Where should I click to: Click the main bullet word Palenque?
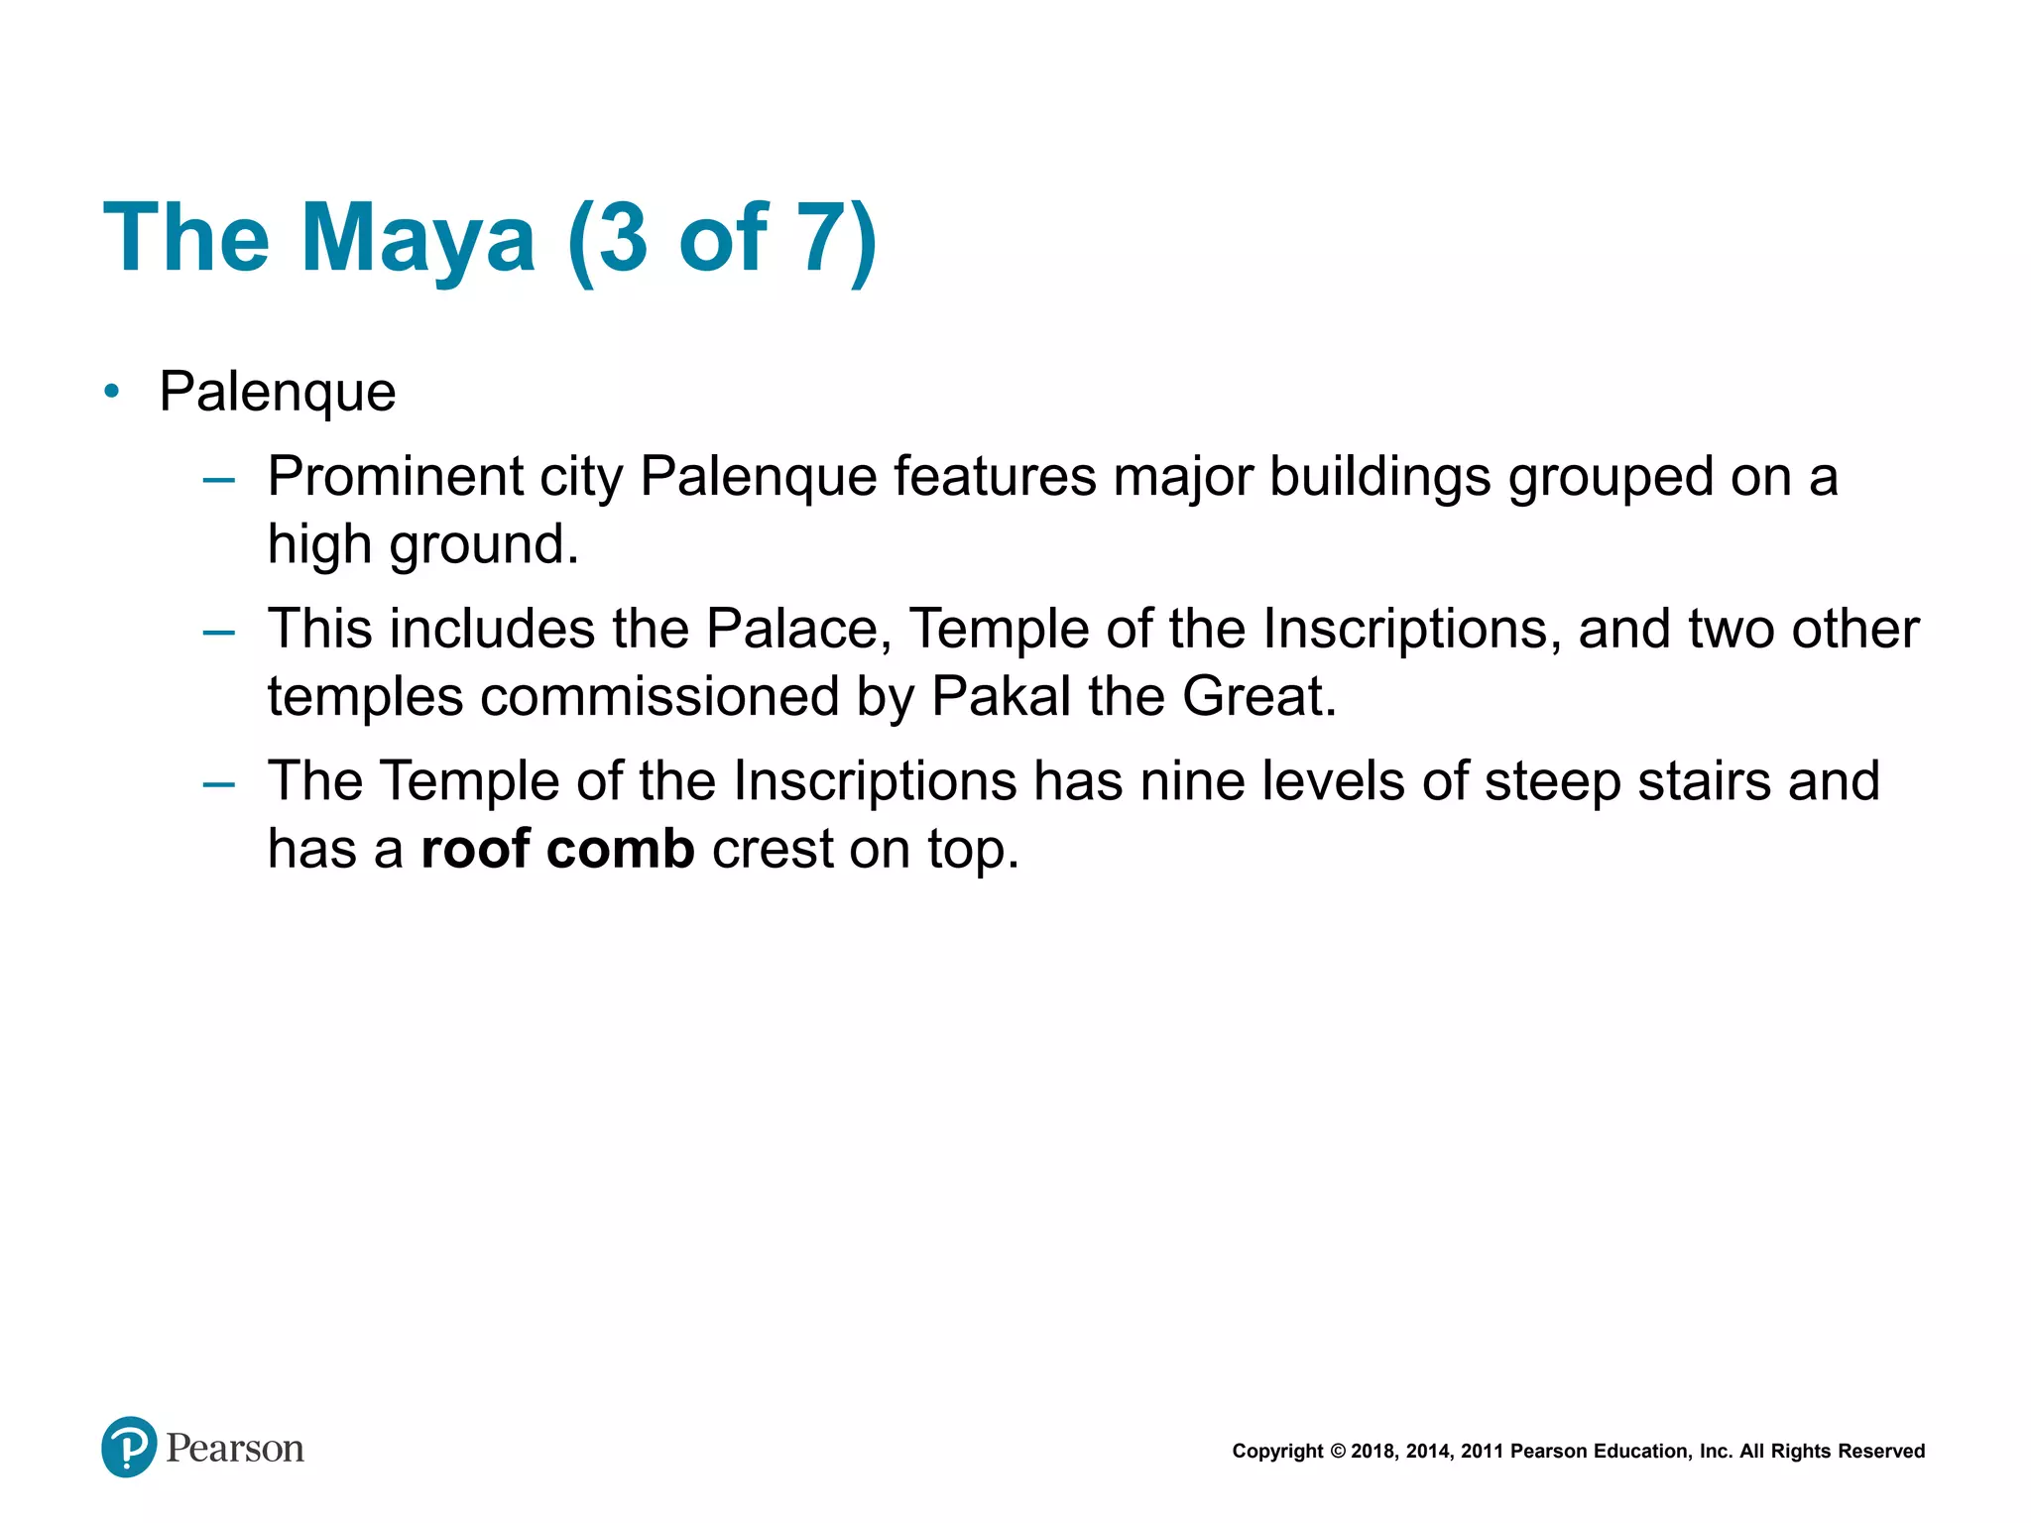(x=278, y=391)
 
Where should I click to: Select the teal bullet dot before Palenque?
(x=112, y=392)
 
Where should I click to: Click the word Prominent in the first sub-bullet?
(x=395, y=476)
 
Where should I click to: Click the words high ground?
(x=421, y=544)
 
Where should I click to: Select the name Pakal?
(x=1001, y=696)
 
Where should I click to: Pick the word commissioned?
(x=659, y=696)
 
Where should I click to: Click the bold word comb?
(x=620, y=850)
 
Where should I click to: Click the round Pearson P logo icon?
(x=129, y=1447)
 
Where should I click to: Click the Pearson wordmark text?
(x=235, y=1449)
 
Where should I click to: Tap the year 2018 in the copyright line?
(x=1373, y=1452)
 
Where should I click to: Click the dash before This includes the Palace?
(x=218, y=632)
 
